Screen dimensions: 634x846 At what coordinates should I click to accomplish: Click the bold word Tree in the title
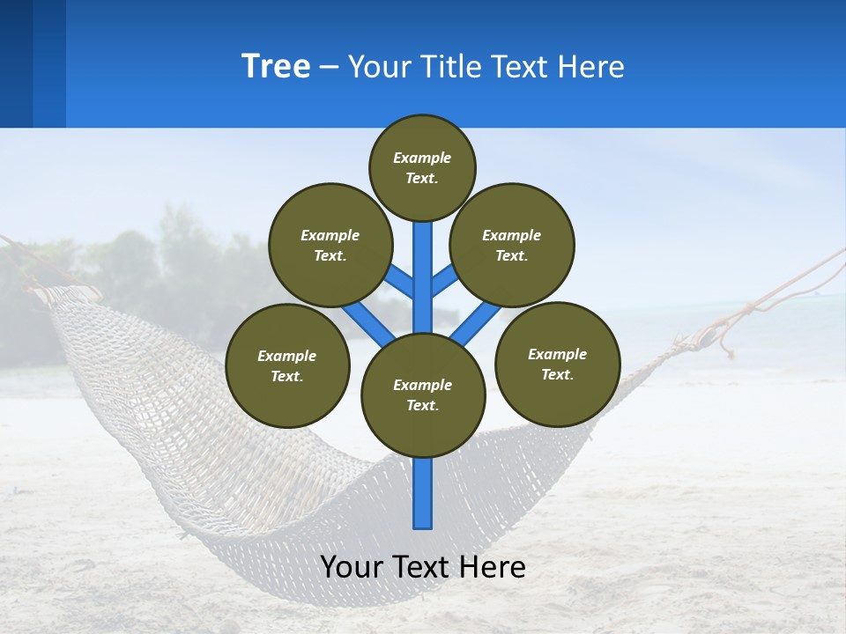276,66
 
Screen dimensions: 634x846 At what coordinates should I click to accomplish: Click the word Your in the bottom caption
352,567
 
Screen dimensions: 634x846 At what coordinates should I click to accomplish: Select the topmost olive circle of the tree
422,167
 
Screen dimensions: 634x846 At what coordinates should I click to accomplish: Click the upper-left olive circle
330,245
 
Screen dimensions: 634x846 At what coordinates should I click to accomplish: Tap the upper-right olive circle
511,245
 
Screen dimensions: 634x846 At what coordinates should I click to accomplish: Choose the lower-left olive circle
287,365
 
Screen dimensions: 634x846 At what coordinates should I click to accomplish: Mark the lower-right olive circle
557,364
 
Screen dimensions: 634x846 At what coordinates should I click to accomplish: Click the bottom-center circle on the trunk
423,394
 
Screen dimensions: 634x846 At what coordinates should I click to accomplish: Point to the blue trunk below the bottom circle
423,493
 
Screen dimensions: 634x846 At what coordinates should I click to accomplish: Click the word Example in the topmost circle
422,158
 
